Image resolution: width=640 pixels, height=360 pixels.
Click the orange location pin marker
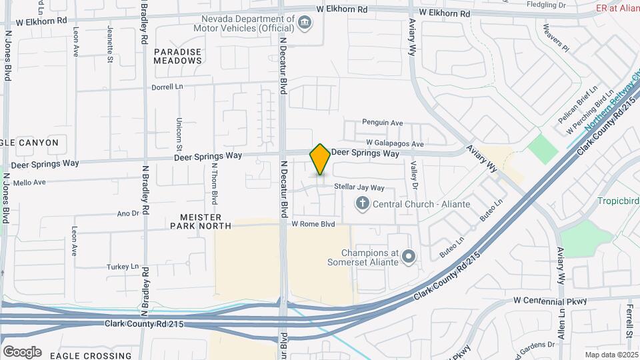coord(320,159)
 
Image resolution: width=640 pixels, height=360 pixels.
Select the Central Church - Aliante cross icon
coord(362,203)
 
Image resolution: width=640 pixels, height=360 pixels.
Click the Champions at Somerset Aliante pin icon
coord(409,257)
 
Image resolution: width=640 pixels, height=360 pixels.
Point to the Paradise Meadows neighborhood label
coord(177,56)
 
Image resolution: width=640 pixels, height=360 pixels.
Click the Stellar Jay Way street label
coord(359,188)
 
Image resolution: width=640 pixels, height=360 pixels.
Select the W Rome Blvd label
coord(313,225)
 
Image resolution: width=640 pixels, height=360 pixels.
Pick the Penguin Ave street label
coord(383,123)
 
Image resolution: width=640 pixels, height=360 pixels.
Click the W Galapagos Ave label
coord(395,144)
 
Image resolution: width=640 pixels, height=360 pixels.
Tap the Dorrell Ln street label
coord(167,87)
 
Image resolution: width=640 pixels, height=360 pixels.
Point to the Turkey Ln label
coord(121,267)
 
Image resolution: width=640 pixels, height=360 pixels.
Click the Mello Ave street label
coord(29,181)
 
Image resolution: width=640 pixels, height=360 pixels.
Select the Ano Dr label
coord(127,213)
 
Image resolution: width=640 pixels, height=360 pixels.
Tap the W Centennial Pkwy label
coord(550,301)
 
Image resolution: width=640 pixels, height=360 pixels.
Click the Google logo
coord(22,352)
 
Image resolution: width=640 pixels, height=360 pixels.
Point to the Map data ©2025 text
coord(611,355)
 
